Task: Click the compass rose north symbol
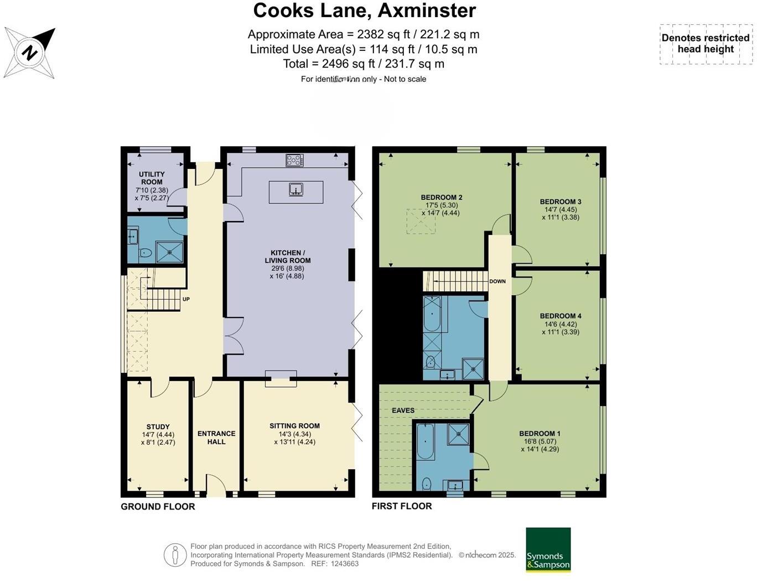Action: [30, 53]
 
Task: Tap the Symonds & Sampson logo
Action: [548, 549]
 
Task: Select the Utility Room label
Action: [152, 178]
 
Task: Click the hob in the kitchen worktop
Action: [294, 161]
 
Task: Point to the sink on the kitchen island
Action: [296, 190]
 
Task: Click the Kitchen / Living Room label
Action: [287, 256]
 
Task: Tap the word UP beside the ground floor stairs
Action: [186, 299]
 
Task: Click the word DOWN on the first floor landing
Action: [497, 281]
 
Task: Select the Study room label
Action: [158, 427]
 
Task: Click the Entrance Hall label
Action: [216, 438]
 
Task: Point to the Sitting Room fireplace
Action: [281, 378]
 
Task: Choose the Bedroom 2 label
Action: [441, 197]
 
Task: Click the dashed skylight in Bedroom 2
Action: [421, 221]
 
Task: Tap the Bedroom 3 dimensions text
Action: [561, 214]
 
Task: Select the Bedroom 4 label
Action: [561, 316]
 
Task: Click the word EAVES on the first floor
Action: [403, 410]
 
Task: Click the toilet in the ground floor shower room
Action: [145, 253]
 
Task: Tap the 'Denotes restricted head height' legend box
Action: [706, 44]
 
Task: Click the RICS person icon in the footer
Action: [175, 554]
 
